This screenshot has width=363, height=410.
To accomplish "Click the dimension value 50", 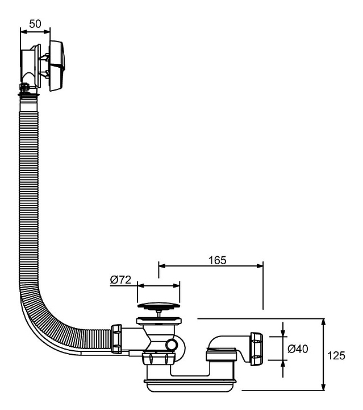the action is click(35, 24).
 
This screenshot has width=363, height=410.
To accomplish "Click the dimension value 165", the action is click(217, 260).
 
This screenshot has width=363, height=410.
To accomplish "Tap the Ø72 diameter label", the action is click(120, 280).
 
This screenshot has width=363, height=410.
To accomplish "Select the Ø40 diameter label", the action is click(298, 349).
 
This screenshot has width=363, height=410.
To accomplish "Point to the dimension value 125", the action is click(336, 355).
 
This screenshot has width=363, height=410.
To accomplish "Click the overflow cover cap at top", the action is click(57, 66).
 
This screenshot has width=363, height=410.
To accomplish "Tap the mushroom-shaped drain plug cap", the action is click(158, 306).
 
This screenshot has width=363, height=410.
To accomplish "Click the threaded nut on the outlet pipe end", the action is click(257, 349).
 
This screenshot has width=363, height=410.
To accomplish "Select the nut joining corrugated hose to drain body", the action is click(116, 339).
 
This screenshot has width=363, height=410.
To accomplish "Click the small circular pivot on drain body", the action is click(172, 345).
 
